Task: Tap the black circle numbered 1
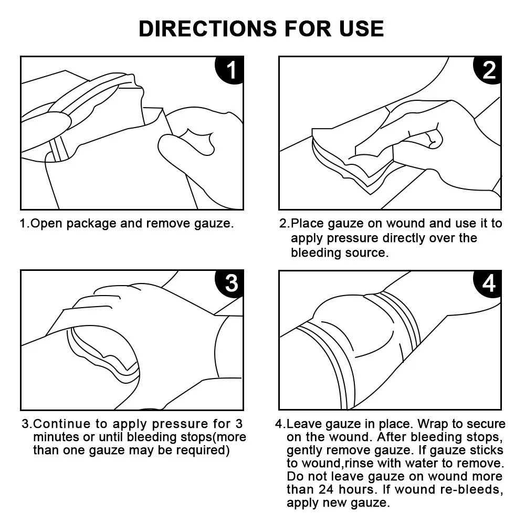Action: (x=230, y=70)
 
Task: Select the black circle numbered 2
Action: (x=488, y=70)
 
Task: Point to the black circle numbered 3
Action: (x=230, y=283)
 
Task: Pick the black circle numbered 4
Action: (x=488, y=283)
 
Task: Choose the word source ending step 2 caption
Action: (x=367, y=253)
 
